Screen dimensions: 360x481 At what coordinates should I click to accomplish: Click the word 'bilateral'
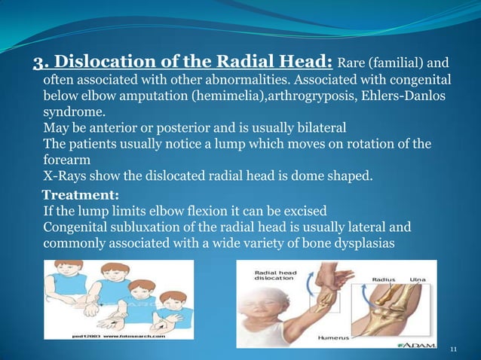[x=311, y=127]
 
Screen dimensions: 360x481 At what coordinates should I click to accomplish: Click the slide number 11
[x=453, y=349]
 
